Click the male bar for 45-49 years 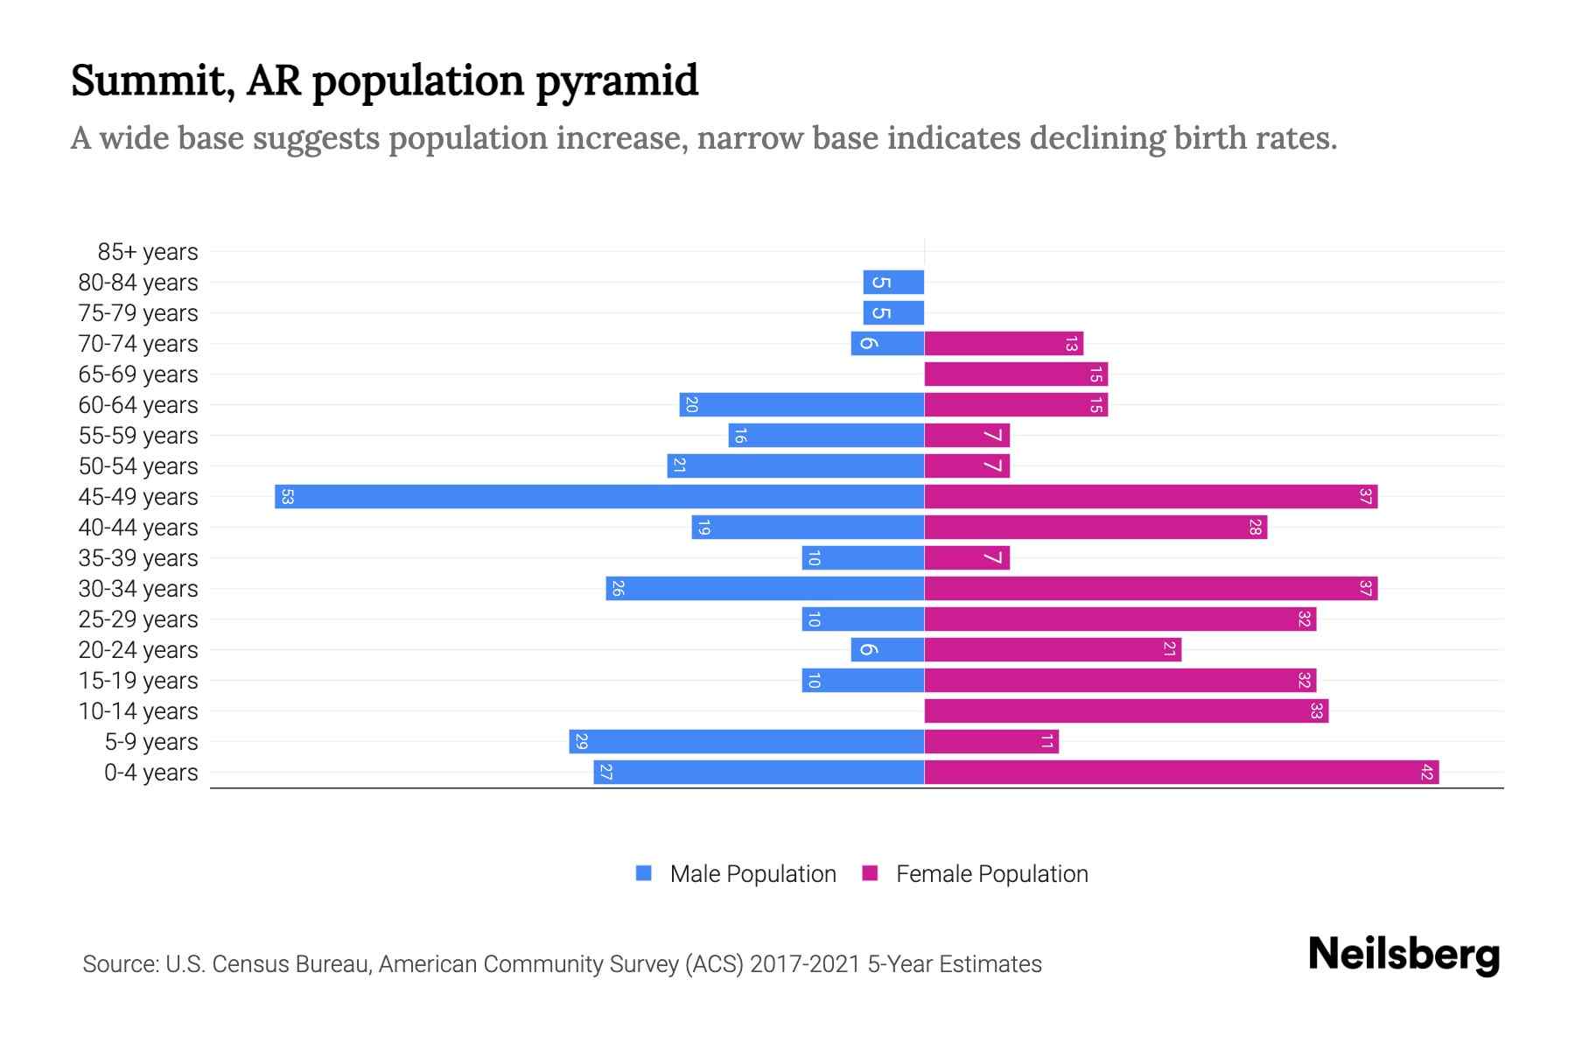click(599, 497)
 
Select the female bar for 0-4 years click(1181, 773)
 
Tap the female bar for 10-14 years click(1126, 711)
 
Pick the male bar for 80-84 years click(893, 283)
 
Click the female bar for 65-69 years click(1016, 374)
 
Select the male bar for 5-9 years click(746, 742)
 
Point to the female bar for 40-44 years click(1095, 528)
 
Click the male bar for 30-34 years click(765, 589)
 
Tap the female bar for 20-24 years click(1053, 650)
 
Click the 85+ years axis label click(147, 252)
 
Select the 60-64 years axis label click(138, 405)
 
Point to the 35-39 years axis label click(138, 558)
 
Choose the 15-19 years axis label click(138, 681)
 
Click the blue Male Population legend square click(644, 873)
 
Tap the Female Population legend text click(991, 874)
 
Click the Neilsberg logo click(1403, 955)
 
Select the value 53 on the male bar click(287, 497)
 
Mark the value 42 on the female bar click(1426, 773)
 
